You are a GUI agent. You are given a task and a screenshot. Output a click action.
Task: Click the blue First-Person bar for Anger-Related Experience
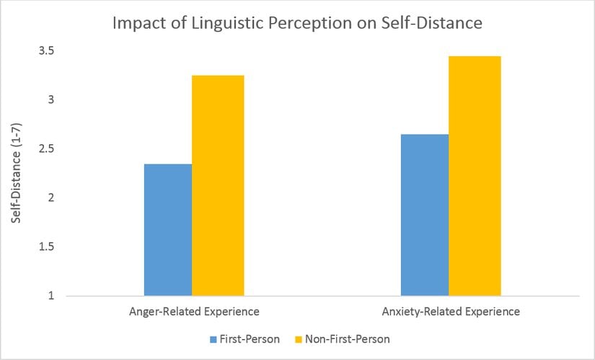(167, 229)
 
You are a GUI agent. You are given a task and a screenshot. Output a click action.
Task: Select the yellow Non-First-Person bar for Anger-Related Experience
(217, 185)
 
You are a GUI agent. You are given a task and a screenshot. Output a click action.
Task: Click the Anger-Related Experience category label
(194, 312)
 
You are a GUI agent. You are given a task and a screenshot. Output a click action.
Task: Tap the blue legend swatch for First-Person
(213, 338)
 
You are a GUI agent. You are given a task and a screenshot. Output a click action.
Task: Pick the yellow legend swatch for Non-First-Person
(299, 338)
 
